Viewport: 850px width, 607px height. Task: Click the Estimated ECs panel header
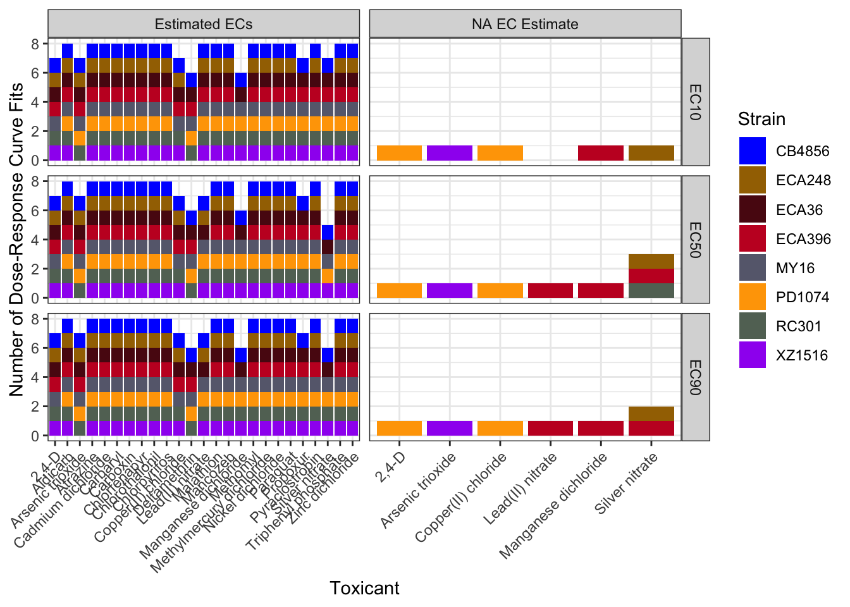point(204,24)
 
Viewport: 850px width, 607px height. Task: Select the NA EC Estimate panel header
point(525,24)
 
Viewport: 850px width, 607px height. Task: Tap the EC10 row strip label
point(695,101)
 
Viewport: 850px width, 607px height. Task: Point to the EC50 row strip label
point(695,239)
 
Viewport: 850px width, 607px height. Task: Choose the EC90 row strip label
point(695,377)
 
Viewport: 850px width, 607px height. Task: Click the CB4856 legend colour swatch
point(752,151)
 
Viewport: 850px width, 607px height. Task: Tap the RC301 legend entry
point(798,326)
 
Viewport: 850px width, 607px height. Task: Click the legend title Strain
point(761,119)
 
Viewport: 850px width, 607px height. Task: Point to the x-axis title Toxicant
point(364,588)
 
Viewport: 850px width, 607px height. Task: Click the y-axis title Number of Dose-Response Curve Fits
point(17,239)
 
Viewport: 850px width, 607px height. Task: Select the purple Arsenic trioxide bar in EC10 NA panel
point(450,153)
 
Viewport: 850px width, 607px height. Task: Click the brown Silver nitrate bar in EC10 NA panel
point(651,153)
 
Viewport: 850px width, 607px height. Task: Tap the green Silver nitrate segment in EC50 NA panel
point(651,291)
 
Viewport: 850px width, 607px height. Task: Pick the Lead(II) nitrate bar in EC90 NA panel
point(550,428)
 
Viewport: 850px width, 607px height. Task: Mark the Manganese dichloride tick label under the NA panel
point(554,506)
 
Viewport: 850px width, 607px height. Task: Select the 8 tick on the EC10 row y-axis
point(35,44)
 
